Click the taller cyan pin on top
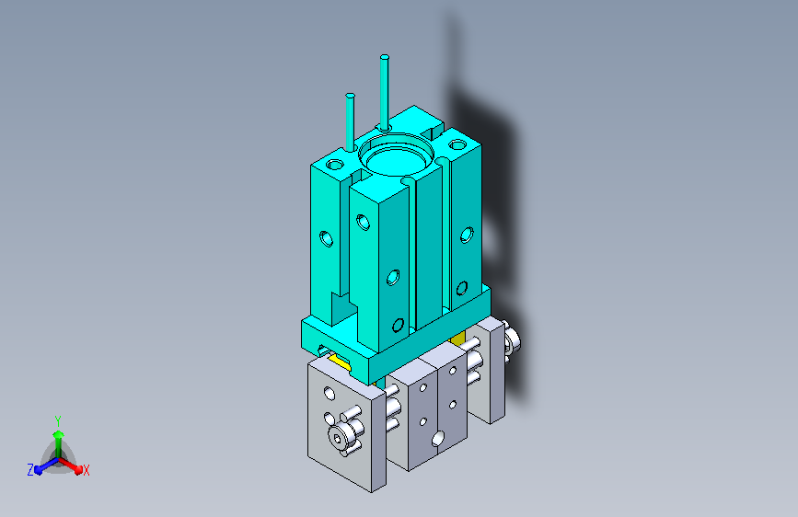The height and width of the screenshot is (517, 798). (x=385, y=92)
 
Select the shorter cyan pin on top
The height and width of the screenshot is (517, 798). (x=350, y=122)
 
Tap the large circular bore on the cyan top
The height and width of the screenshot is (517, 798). (x=396, y=155)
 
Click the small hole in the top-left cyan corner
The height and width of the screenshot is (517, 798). (x=335, y=165)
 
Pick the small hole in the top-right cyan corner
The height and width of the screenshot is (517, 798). (x=458, y=145)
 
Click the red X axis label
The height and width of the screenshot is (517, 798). (x=86, y=470)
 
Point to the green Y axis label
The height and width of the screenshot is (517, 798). (x=58, y=420)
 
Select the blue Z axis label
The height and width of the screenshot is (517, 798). (x=30, y=470)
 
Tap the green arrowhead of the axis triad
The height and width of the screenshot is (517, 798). (x=59, y=435)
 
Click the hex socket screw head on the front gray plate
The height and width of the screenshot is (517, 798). (x=337, y=438)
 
